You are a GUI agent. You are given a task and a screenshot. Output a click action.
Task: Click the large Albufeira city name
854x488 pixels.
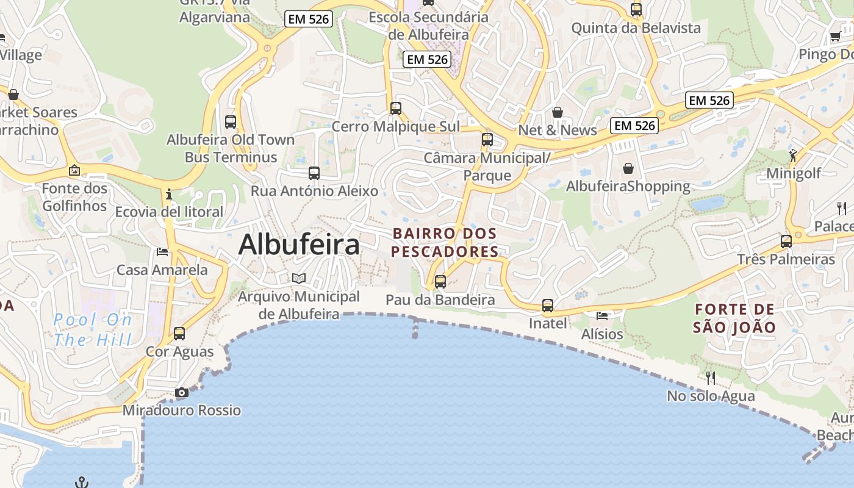(x=299, y=245)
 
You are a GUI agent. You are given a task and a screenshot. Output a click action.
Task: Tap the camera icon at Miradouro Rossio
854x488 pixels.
(x=182, y=392)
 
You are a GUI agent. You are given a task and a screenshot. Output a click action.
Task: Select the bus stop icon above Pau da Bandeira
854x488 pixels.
(x=440, y=282)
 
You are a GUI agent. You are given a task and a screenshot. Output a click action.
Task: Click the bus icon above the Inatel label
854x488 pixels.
(x=548, y=305)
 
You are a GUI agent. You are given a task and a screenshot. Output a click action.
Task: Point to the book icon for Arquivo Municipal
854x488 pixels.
(x=298, y=279)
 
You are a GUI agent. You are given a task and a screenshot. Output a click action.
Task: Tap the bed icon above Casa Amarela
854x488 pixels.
(x=162, y=251)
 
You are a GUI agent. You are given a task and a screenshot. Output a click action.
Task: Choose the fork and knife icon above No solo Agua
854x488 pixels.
(x=710, y=378)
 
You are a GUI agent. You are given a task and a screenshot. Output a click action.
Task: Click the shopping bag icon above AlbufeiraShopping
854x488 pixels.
(x=628, y=168)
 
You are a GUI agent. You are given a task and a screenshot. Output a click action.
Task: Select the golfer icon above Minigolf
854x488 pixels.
(x=793, y=155)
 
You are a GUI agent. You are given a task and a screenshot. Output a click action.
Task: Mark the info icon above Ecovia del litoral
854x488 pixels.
(x=169, y=194)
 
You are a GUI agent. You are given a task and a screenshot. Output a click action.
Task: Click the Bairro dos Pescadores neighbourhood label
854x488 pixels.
(x=445, y=242)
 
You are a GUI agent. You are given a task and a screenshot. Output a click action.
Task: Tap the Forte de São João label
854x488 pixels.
(x=734, y=318)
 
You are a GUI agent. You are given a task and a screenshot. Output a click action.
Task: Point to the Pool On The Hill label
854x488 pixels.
(x=92, y=329)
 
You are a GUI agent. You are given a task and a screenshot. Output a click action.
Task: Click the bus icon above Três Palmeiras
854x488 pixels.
(x=786, y=241)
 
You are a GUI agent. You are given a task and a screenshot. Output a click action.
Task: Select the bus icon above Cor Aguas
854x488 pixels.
(x=179, y=333)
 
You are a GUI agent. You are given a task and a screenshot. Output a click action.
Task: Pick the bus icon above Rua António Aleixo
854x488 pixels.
(x=314, y=173)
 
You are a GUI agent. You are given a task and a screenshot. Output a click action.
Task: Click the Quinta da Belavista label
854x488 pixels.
(x=636, y=28)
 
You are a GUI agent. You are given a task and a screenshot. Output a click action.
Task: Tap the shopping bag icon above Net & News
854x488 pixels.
(x=557, y=112)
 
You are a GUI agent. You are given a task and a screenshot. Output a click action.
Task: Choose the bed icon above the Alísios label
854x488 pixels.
(x=602, y=315)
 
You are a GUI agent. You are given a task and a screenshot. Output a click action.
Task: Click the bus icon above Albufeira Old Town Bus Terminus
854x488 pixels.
(x=231, y=121)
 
